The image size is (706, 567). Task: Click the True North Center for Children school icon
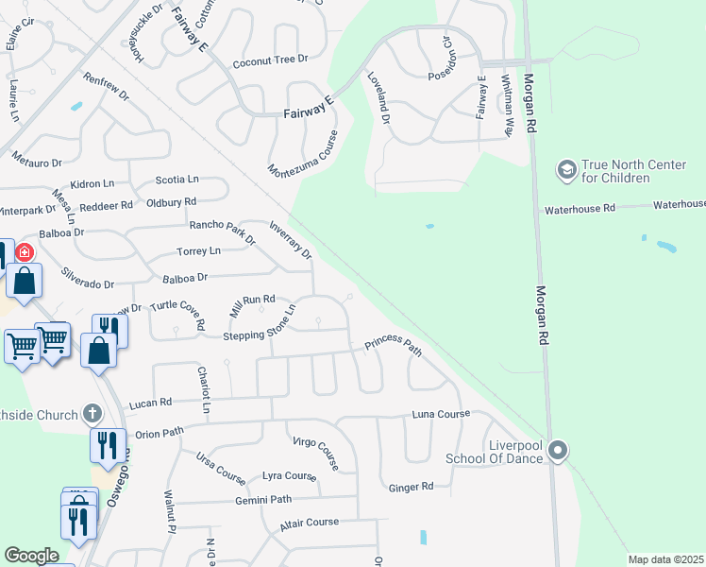pos(566,169)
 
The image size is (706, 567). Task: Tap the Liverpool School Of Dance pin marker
pos(558,451)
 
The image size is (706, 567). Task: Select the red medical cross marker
pos(25,252)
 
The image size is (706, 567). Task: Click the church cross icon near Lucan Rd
pos(92,413)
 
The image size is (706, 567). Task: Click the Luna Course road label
pos(440,414)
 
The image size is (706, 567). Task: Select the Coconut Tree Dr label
pos(271,60)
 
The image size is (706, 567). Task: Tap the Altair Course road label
pos(309,522)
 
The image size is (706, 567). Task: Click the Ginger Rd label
pos(411,488)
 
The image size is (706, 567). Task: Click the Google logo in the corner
pos(31,556)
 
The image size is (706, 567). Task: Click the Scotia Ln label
pos(176,179)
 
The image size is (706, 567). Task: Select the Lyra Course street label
pos(289,476)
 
